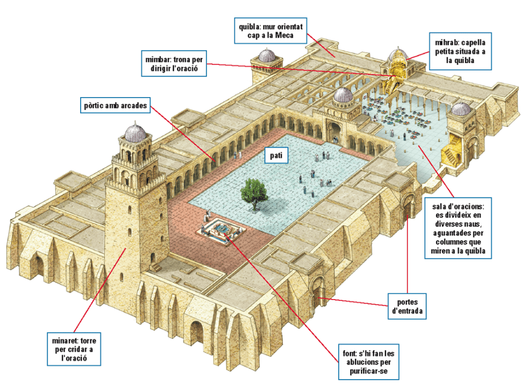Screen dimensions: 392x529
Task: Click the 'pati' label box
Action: (276, 155)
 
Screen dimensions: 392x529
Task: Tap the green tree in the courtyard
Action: (253, 194)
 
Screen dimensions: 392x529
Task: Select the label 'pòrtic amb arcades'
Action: (115, 106)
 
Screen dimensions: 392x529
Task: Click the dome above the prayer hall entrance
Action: (343, 95)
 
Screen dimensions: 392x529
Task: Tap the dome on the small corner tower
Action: (266, 55)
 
